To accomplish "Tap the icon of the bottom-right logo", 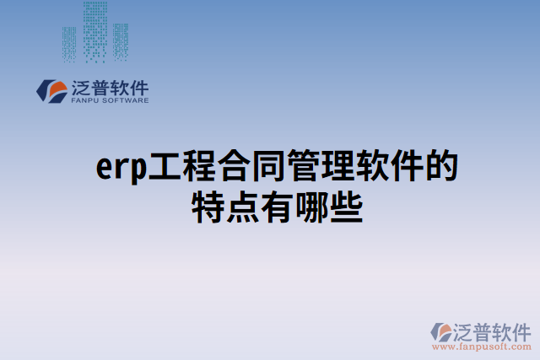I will point(442,331).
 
